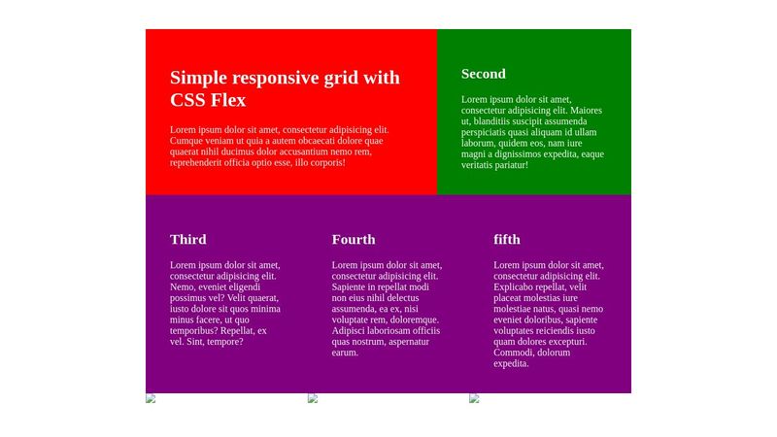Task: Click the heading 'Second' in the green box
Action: click(483, 74)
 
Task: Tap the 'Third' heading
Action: click(187, 239)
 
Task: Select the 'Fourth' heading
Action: click(354, 239)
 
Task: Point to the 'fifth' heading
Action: click(506, 239)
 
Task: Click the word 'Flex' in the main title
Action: click(227, 100)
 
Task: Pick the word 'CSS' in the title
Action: click(186, 100)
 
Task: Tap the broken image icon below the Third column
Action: click(151, 398)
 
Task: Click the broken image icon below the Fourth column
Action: click(313, 398)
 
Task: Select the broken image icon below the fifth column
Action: click(474, 398)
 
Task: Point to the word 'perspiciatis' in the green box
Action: click(485, 133)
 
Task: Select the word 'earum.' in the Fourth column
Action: click(345, 353)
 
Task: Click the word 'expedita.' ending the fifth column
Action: click(511, 363)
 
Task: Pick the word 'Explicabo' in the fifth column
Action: click(512, 287)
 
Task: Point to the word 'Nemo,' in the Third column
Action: click(182, 287)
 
